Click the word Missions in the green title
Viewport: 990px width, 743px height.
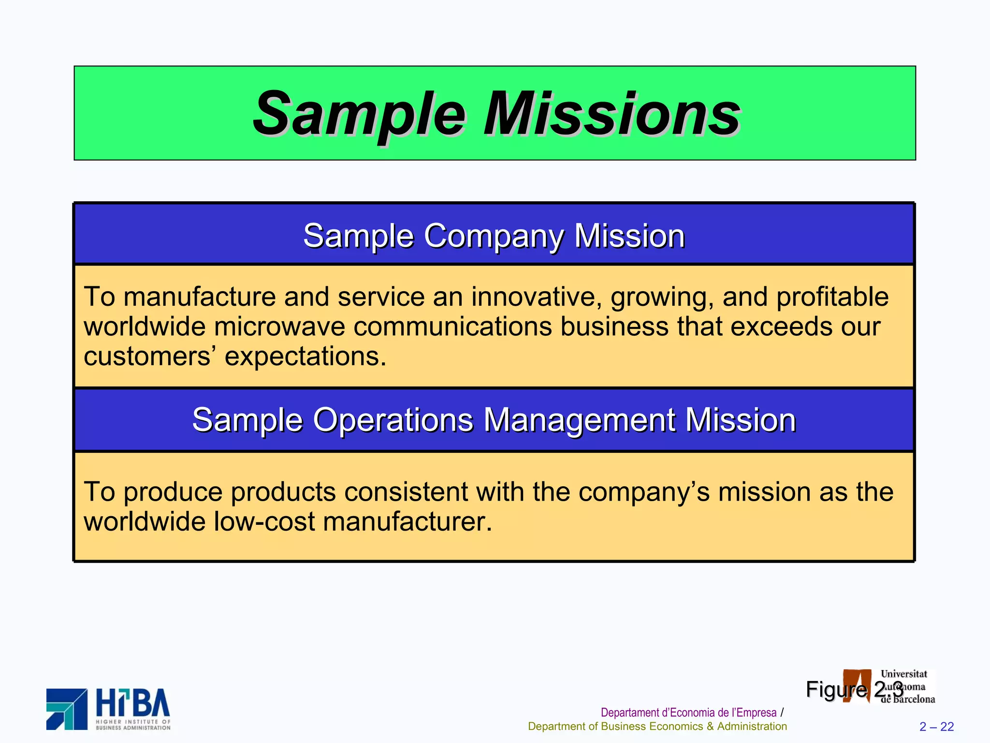tap(612, 114)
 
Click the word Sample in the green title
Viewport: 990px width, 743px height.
tap(359, 114)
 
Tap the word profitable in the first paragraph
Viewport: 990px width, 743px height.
tap(832, 297)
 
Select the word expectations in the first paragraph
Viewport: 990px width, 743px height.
tap(306, 357)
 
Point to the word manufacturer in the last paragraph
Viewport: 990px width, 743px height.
tap(407, 521)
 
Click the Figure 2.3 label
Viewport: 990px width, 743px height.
tap(854, 689)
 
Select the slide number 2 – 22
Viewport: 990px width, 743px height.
tap(936, 727)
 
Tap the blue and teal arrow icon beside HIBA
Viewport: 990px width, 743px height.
tap(67, 709)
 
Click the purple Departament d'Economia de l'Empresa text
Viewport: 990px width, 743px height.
tap(688, 713)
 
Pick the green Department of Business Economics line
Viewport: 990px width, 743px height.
tap(657, 727)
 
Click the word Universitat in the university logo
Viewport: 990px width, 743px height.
tap(903, 674)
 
